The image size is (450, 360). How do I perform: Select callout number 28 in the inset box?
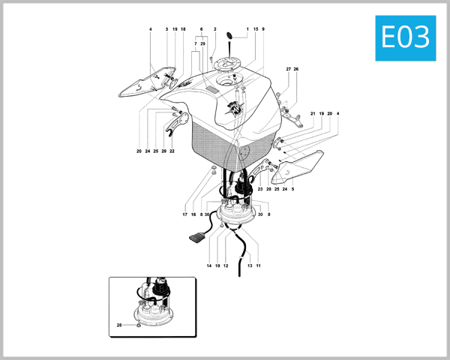118,325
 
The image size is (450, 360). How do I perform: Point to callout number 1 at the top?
247,29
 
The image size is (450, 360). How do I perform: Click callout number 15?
256,29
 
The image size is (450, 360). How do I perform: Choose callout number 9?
263,29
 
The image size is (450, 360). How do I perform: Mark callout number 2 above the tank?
214,29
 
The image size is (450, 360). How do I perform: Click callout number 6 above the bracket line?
202,29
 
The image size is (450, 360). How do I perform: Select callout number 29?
203,44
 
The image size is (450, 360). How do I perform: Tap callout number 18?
183,29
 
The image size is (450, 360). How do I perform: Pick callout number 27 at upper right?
288,69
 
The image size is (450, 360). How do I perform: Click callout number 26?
296,69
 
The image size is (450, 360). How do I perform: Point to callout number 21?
313,113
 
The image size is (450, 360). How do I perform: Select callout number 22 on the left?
172,151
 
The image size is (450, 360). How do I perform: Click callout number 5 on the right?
292,189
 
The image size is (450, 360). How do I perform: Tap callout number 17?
184,214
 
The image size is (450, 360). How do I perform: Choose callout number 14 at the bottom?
209,265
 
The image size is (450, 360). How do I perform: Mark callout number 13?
250,265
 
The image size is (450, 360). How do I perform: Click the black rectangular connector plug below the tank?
196,238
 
